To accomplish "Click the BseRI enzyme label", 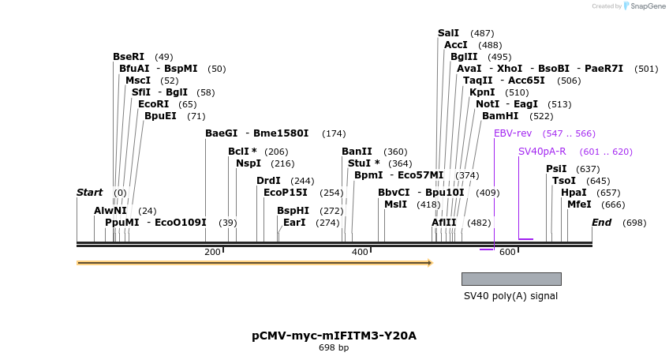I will (129, 57).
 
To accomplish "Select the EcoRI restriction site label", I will (153, 104).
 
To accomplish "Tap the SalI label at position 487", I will (448, 33).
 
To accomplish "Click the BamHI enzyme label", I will (500, 116).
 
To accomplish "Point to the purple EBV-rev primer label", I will (513, 133).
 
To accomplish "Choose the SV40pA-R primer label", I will (542, 152).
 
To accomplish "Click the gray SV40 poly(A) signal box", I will (511, 279).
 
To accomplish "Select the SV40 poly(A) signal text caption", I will (510, 296).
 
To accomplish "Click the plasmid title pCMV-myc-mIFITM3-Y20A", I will (334, 336).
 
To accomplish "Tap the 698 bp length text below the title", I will (334, 347).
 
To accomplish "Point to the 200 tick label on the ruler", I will (212, 252).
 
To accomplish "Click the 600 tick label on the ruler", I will (507, 252).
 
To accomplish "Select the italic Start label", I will (89, 193).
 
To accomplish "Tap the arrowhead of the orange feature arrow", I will (430, 263).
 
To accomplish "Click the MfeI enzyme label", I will (578, 204).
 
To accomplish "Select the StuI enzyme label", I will (359, 163).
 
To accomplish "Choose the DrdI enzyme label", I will (268, 181).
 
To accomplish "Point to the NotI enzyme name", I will (488, 104).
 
